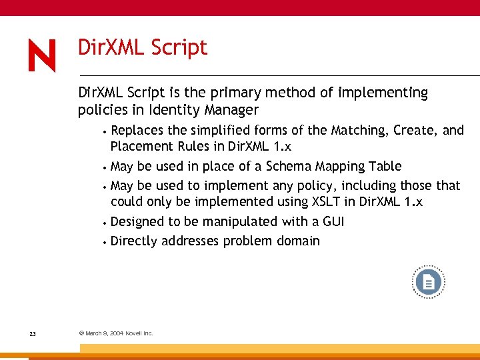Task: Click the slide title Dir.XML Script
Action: [x=143, y=47]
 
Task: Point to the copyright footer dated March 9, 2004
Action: [x=116, y=333]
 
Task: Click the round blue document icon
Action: [x=428, y=283]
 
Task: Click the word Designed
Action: [x=139, y=221]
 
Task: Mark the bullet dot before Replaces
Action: [x=106, y=131]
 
